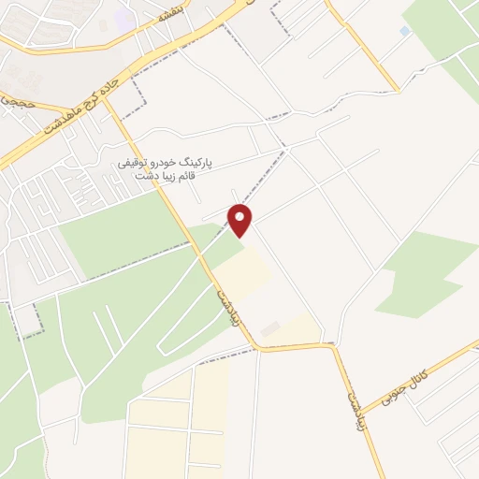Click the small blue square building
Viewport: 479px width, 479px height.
(x=404, y=31)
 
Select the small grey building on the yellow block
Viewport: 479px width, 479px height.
(x=269, y=329)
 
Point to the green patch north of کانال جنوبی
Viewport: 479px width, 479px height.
(x=426, y=271)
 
